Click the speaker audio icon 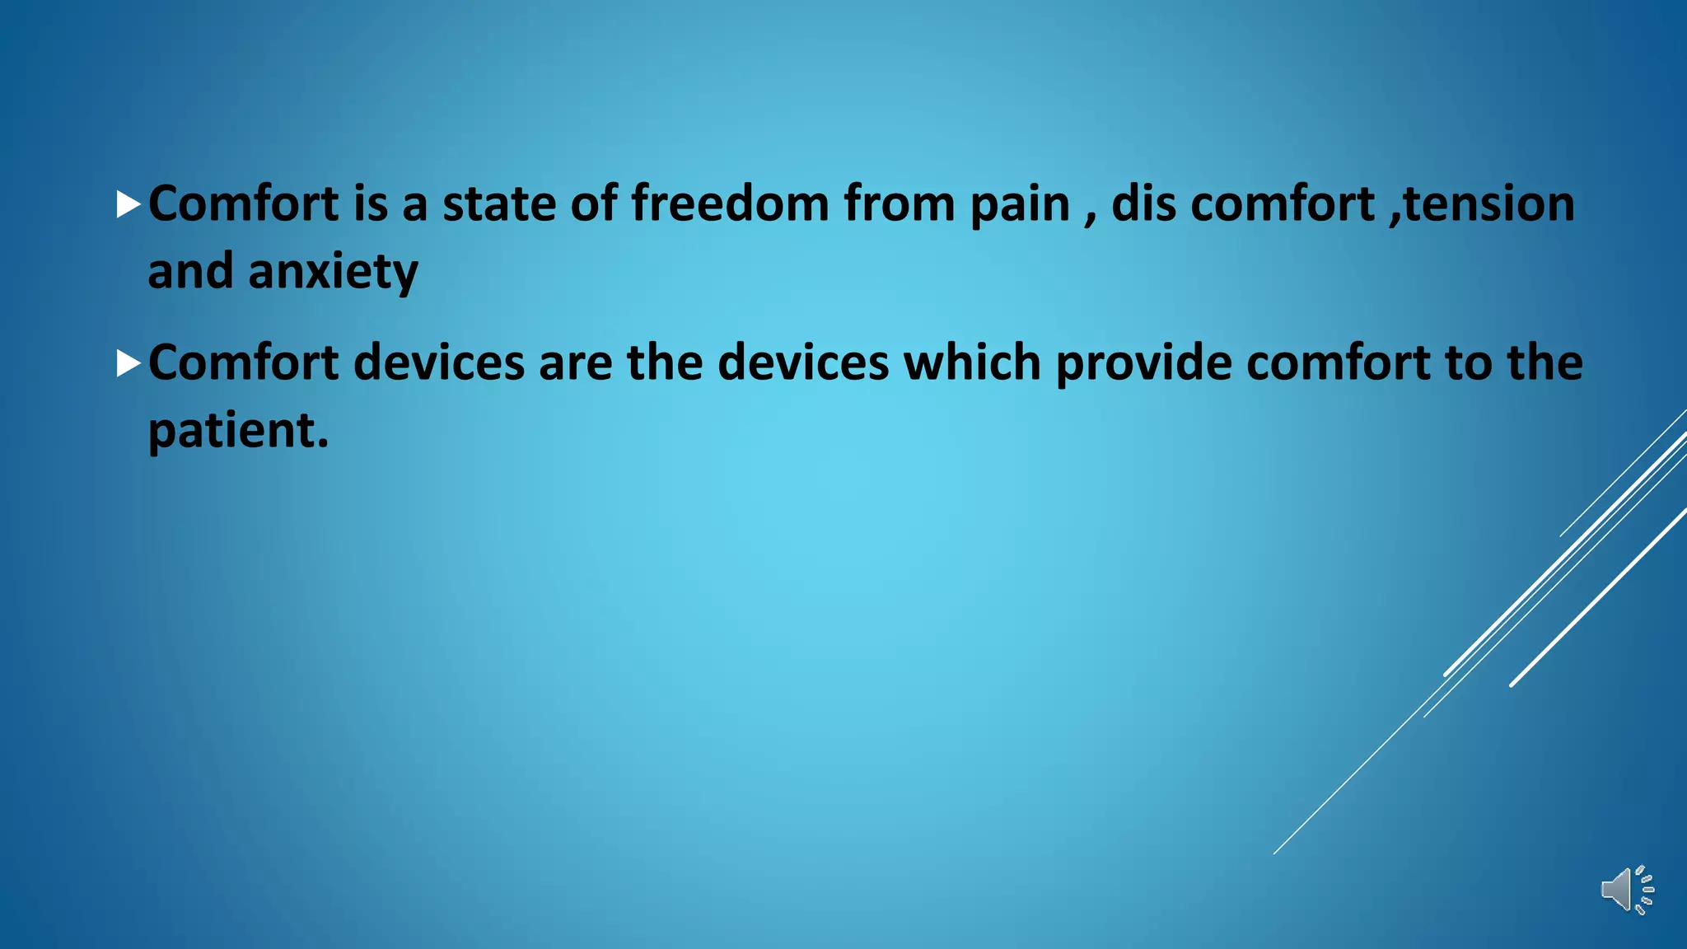point(1626,890)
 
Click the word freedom point(730,203)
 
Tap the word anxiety point(333,272)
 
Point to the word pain point(1019,205)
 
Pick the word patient point(230,431)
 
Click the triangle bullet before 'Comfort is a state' point(129,204)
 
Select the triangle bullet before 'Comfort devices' point(129,363)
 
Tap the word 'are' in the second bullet point(575,363)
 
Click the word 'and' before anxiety point(190,272)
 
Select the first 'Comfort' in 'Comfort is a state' point(243,203)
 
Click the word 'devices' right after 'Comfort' point(438,363)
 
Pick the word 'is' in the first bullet point(370,203)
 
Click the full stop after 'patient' point(322,442)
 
